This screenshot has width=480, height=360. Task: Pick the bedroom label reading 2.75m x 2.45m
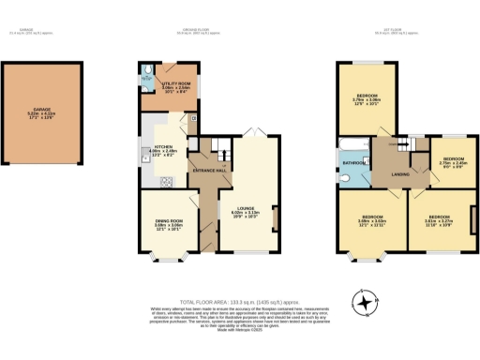[454, 161]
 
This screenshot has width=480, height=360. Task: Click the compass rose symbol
[363, 302]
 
